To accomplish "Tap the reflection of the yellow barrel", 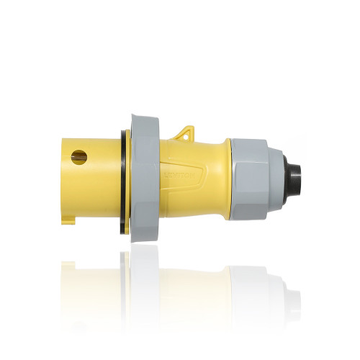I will point(90,277).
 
